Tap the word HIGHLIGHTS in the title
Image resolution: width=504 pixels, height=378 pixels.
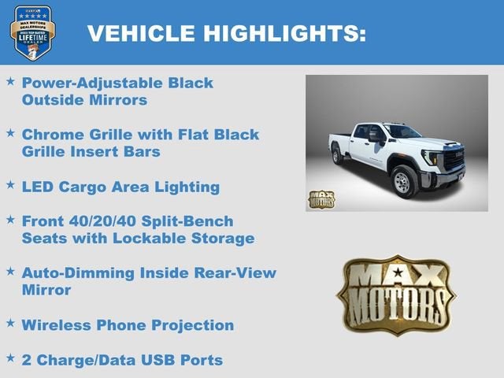[x=284, y=33]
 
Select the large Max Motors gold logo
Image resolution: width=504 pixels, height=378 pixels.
[x=396, y=294]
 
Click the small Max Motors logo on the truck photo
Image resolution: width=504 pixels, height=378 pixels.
[x=321, y=199]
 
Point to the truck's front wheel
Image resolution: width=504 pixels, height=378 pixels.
[x=403, y=181]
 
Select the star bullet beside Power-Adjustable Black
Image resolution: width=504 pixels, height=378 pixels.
[x=10, y=81]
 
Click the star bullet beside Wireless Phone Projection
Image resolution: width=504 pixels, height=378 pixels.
[x=10, y=323]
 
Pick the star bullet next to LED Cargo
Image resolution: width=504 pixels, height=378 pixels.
[x=10, y=185]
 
